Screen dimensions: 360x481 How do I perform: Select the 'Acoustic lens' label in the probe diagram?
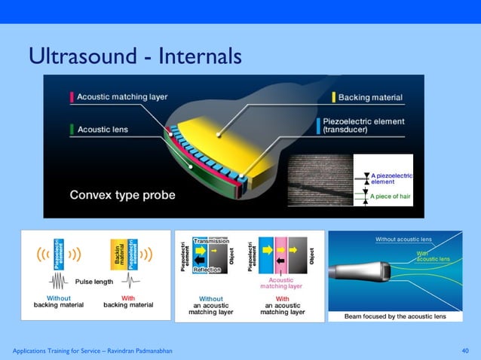(x=103, y=129)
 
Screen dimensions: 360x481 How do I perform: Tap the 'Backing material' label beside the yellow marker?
(x=370, y=98)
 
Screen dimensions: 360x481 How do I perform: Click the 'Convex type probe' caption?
(x=122, y=195)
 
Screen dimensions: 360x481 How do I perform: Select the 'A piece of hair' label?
(x=392, y=198)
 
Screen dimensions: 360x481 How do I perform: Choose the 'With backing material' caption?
(x=127, y=301)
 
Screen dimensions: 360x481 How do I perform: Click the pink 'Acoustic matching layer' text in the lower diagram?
(x=281, y=283)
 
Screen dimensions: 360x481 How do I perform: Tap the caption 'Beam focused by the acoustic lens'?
(x=395, y=316)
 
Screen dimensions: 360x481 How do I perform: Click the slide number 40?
(x=464, y=351)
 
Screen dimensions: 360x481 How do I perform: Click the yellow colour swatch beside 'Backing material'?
(x=334, y=98)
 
